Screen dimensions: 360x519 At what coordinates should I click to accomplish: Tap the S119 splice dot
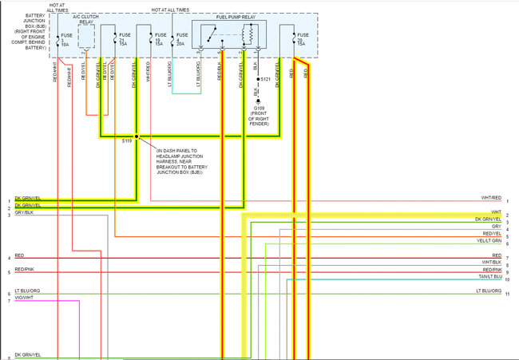click(137, 136)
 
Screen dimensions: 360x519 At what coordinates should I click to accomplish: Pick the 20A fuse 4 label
click(181, 39)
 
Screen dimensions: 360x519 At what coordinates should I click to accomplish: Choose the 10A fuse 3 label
click(65, 39)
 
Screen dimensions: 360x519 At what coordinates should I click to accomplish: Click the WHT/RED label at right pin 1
click(491, 197)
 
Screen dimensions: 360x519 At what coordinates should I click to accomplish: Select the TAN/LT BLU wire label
click(489, 277)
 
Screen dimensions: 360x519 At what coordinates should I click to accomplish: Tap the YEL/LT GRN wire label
click(489, 240)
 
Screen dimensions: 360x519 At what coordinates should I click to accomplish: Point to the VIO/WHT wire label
click(24, 298)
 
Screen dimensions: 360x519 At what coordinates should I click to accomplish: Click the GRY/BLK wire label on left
click(24, 213)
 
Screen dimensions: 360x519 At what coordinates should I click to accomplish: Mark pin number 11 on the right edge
click(508, 295)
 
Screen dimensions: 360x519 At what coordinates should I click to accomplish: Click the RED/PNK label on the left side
click(24, 270)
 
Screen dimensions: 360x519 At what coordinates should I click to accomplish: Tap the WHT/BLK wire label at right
click(491, 263)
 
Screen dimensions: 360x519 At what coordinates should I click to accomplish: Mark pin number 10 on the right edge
click(508, 279)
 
